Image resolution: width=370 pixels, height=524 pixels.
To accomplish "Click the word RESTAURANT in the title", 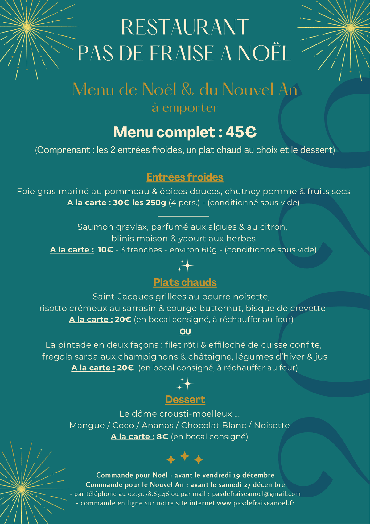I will (185, 27).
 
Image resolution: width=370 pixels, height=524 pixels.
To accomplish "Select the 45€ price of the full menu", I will (241, 132).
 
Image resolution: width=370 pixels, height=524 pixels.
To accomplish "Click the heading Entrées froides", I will (185, 177).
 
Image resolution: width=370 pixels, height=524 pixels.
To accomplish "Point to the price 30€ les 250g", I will (139, 203).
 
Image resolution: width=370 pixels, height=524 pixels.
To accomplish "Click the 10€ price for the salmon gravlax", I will (105, 250).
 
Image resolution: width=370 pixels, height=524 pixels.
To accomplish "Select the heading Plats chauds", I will (185, 282).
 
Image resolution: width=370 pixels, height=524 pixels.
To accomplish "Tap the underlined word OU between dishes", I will (185, 332).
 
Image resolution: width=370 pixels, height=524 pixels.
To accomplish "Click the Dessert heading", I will (185, 400).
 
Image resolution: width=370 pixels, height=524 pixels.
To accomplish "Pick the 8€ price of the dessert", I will (162, 437).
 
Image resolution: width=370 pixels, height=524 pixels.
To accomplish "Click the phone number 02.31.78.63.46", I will (149, 494).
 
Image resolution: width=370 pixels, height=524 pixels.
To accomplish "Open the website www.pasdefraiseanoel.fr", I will (256, 503).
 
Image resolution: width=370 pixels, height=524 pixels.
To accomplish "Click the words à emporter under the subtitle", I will (185, 108).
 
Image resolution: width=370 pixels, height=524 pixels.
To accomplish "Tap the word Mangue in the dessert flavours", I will (87, 426).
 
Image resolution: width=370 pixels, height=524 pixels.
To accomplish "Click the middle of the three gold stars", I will (185, 456).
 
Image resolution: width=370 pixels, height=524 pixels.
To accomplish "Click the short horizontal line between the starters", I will (183, 216).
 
